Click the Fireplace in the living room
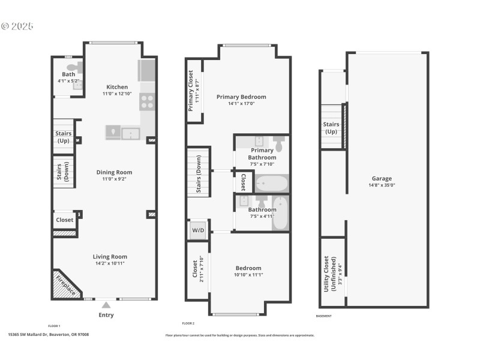[67, 284]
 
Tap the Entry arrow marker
[106, 305]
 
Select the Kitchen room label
[117, 87]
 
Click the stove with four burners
[147, 102]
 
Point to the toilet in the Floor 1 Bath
[72, 68]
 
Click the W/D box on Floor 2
[197, 230]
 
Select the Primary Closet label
[191, 91]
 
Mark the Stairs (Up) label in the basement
[332, 128]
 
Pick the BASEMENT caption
[323, 316]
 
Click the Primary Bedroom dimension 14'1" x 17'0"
[241, 103]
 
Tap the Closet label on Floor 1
[64, 220]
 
